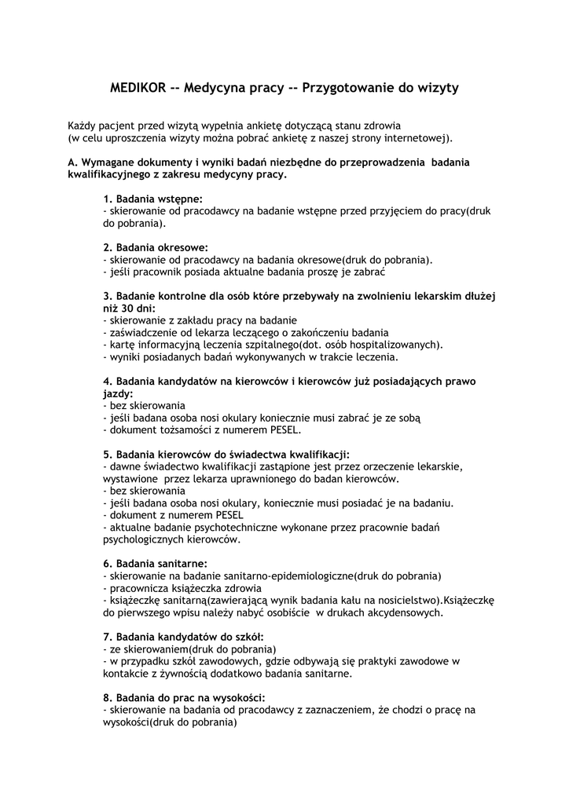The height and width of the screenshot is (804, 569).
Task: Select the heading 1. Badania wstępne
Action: pyautogui.click(x=153, y=199)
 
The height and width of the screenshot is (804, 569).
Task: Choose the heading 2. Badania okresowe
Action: pyautogui.click(x=156, y=247)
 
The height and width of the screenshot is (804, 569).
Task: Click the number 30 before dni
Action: pyautogui.click(x=132, y=309)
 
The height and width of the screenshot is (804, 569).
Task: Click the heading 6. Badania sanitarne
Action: pyautogui.click(x=156, y=564)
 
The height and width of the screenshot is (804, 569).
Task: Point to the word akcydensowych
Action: pyautogui.click(x=399, y=613)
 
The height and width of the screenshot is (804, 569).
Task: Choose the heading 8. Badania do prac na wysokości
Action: pyautogui.click(x=184, y=698)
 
